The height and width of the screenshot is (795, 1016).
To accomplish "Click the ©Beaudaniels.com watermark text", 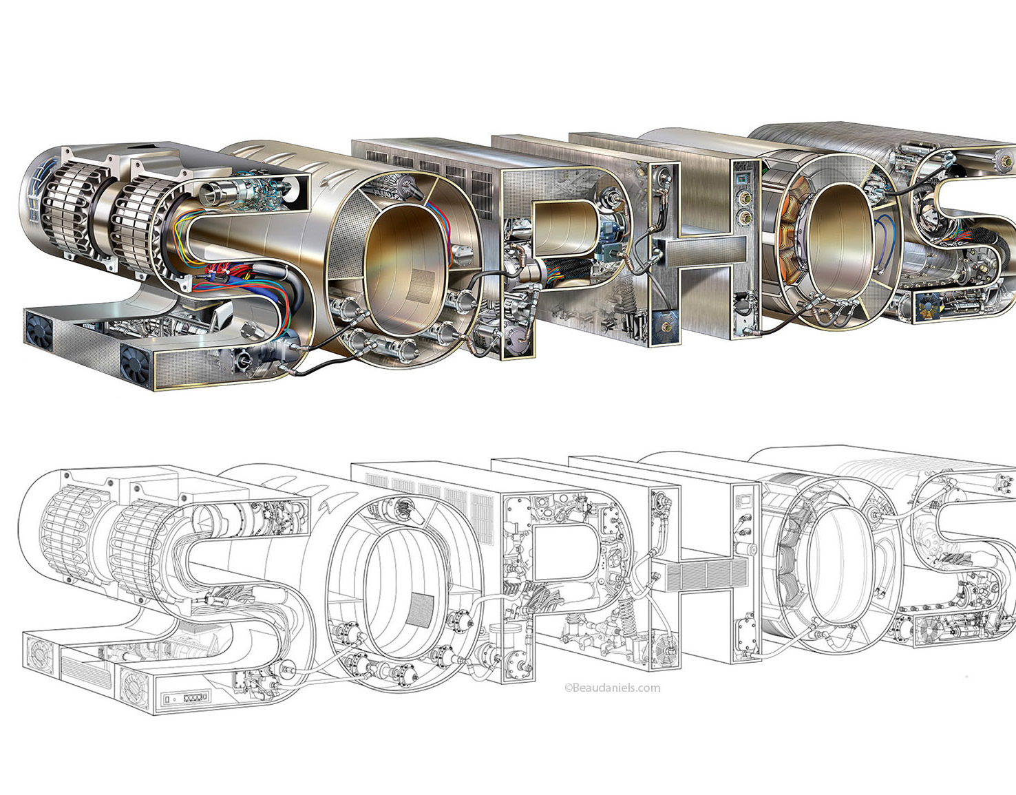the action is (613, 688).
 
